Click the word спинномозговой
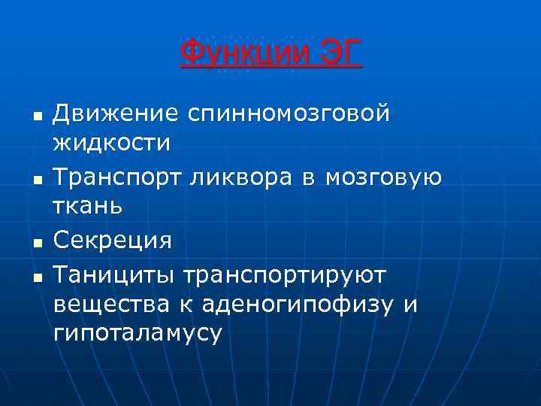pyautogui.click(x=289, y=114)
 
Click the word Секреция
pyautogui.click(x=113, y=241)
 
